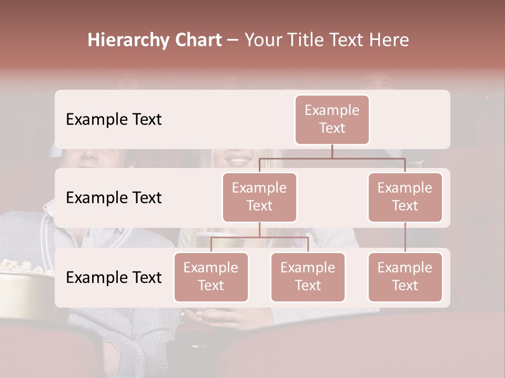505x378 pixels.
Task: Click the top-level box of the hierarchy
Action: (332, 119)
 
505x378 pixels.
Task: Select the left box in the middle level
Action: (259, 197)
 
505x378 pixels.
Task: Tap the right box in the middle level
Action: (405, 197)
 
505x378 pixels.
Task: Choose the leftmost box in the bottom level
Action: (211, 277)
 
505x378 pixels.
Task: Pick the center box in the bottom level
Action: (308, 277)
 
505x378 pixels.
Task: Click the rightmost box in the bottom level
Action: (405, 277)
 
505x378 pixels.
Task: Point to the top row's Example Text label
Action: (114, 120)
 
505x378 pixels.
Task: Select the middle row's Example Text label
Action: (114, 198)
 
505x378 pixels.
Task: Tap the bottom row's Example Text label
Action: (114, 278)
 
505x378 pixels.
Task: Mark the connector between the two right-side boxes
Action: (405, 237)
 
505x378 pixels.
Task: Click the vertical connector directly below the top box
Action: (332, 151)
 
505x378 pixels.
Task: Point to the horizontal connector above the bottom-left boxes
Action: (259, 237)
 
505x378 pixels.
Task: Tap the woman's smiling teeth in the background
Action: (240, 159)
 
